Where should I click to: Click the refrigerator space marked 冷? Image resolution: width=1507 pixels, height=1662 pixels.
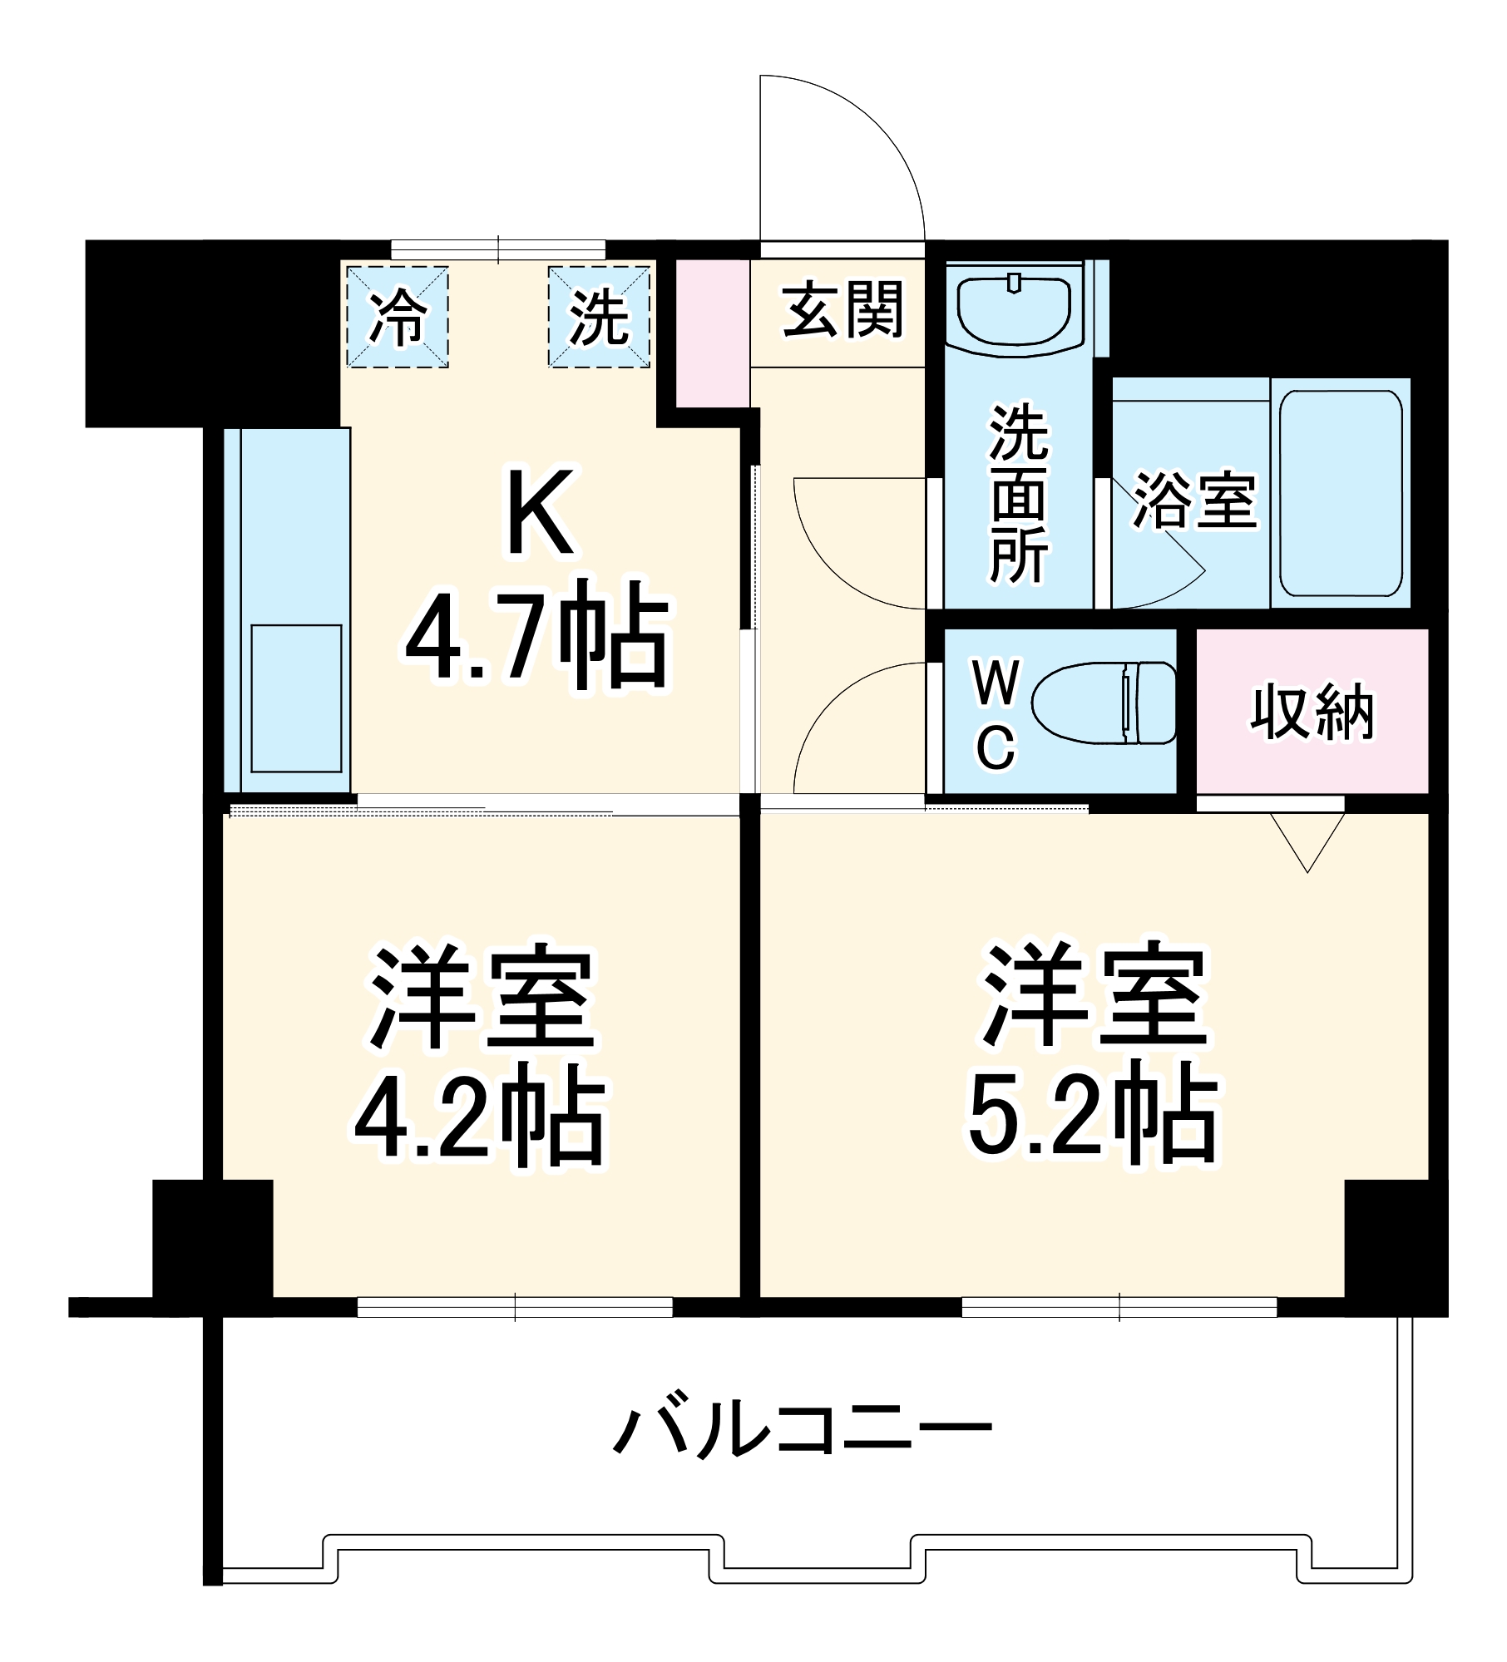point(398,317)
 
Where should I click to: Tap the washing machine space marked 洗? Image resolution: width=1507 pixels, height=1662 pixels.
point(599,317)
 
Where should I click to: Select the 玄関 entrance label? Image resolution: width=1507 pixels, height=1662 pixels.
point(842,310)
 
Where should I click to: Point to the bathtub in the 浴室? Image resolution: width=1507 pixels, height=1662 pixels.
point(1341,493)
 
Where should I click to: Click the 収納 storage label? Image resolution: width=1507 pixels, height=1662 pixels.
point(1312,712)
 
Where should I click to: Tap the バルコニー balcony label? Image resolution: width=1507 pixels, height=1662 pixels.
point(803,1430)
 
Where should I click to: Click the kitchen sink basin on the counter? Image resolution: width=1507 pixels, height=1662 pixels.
point(296,698)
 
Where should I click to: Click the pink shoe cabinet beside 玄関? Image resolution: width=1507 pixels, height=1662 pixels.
point(713,333)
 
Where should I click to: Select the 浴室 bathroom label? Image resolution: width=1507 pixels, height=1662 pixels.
point(1194,500)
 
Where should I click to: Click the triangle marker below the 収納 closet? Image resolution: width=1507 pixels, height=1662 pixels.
point(1307,841)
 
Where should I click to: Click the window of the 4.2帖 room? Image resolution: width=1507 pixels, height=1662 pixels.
point(515,1307)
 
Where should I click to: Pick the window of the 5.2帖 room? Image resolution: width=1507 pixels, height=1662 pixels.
point(1119,1307)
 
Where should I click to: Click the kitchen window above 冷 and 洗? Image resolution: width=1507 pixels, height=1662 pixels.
point(498,249)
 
